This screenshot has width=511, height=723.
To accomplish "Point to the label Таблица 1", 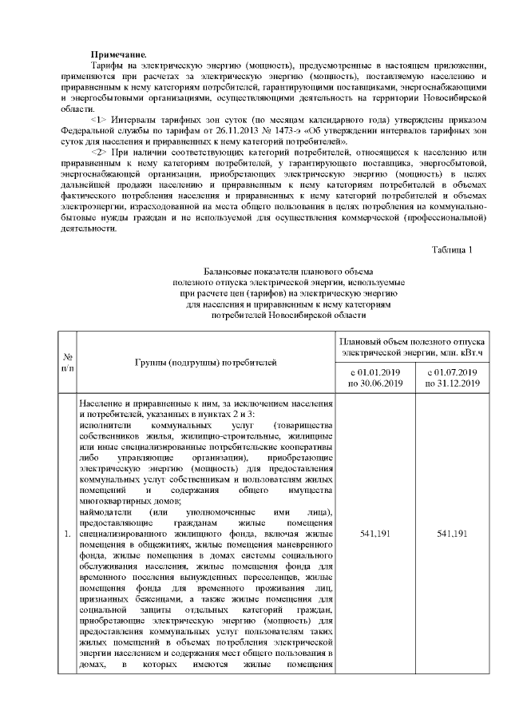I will pyautogui.click(x=452, y=250).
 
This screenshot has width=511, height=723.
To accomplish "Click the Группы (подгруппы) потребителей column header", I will pyautogui.click(x=205, y=363).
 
